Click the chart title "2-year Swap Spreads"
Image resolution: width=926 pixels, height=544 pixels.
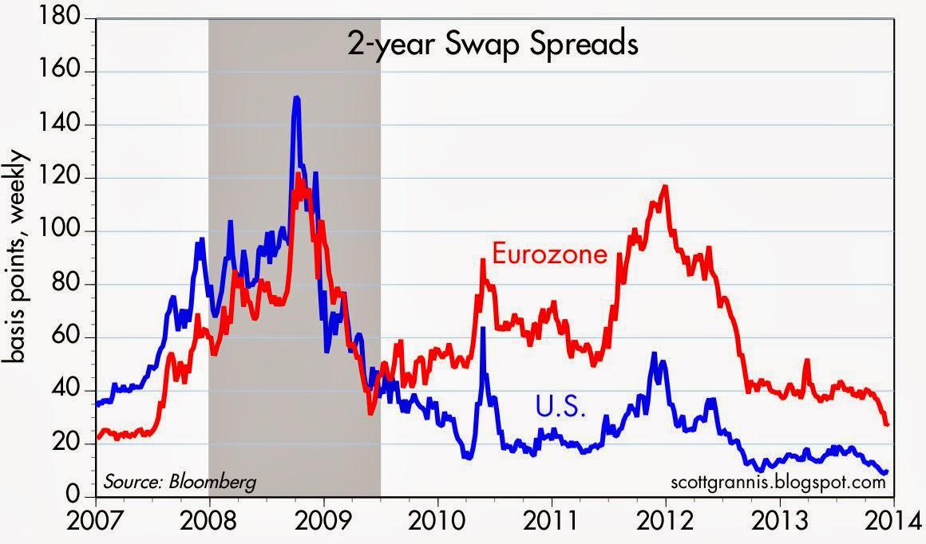tap(492, 45)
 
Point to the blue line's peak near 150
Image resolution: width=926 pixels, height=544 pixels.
tap(297, 97)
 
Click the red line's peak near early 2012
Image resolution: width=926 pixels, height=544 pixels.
tap(664, 187)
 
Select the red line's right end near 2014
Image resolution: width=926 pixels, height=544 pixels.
tap(887, 424)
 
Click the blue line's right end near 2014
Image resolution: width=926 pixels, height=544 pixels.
tap(885, 472)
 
